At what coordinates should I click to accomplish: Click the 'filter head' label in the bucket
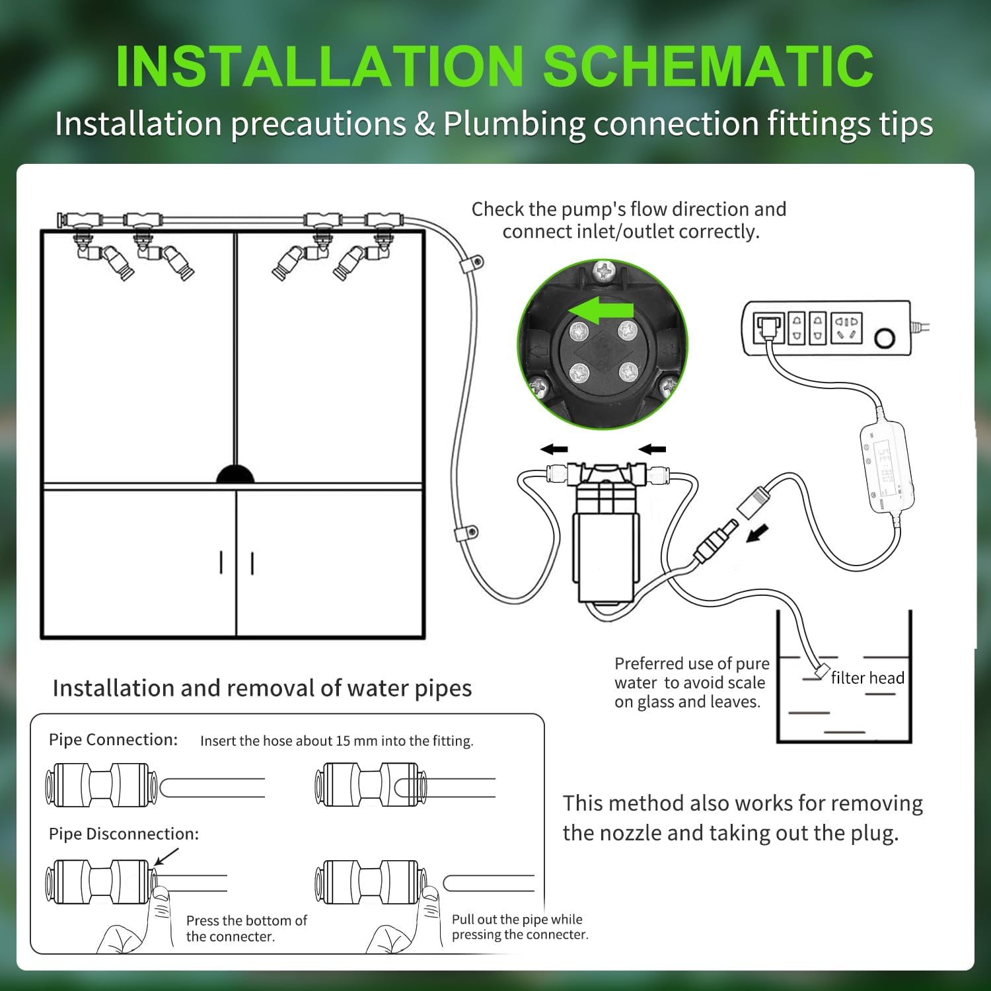867,678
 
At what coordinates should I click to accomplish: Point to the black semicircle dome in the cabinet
235,475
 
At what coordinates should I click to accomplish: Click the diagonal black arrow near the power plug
758,532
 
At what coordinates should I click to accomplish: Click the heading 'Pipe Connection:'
113,739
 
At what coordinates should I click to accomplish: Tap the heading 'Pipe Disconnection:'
124,834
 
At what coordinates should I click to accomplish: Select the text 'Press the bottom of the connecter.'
246,928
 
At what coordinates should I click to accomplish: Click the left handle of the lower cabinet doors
222,563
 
